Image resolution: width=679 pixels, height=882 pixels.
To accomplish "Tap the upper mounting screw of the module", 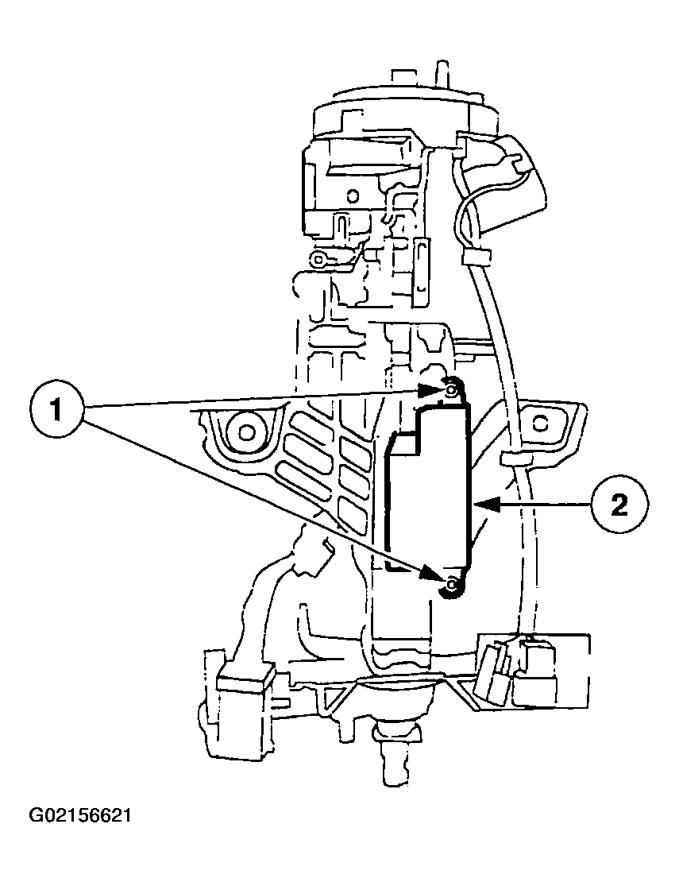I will pyautogui.click(x=451, y=389).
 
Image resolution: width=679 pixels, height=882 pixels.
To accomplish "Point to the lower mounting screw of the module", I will pyautogui.click(x=452, y=586).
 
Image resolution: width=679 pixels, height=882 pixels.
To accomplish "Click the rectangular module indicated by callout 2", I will pyautogui.click(x=430, y=493).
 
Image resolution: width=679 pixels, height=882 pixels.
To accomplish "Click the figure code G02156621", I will pyautogui.click(x=80, y=817).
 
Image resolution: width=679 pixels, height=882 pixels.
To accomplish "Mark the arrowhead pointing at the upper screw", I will pyautogui.click(x=430, y=389).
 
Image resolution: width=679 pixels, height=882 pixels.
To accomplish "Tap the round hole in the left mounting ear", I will pyautogui.click(x=247, y=431).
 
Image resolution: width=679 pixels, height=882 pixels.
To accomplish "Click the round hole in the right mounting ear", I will pyautogui.click(x=542, y=419).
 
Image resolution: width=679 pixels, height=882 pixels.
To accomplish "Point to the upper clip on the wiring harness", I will pyautogui.click(x=474, y=256).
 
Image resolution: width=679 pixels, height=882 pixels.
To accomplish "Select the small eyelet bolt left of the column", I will pyautogui.click(x=319, y=259).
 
